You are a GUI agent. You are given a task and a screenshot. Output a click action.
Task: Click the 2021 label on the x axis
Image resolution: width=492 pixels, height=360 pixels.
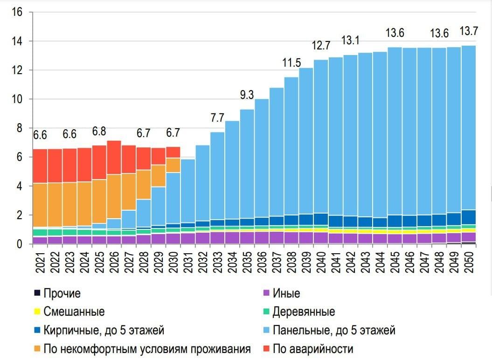click(x=40, y=263)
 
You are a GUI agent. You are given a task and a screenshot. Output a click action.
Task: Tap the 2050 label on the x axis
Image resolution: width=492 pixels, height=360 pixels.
click(x=469, y=263)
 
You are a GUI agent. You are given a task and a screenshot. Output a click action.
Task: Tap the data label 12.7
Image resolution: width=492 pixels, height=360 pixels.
click(x=321, y=46)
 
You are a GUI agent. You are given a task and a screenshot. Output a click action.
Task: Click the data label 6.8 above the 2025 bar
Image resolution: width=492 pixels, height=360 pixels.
click(x=99, y=131)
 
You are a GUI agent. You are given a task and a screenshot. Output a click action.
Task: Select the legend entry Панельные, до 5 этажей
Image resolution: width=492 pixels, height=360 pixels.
click(x=333, y=330)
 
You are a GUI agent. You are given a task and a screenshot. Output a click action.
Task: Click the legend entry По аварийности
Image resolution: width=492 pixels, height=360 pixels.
click(x=312, y=348)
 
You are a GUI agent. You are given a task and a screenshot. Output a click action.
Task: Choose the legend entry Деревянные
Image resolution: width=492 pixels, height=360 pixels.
click(x=303, y=312)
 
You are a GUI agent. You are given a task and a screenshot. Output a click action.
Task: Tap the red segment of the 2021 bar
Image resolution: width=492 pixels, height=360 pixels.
click(x=40, y=166)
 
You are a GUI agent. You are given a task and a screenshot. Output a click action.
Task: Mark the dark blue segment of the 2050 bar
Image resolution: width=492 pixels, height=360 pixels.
click(x=469, y=217)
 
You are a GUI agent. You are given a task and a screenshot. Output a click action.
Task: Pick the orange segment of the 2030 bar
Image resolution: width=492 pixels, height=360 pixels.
click(x=173, y=165)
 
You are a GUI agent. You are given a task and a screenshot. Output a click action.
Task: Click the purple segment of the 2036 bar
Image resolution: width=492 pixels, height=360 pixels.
click(x=262, y=237)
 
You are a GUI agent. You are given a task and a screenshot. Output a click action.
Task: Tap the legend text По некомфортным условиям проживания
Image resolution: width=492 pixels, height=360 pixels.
click(x=147, y=348)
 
